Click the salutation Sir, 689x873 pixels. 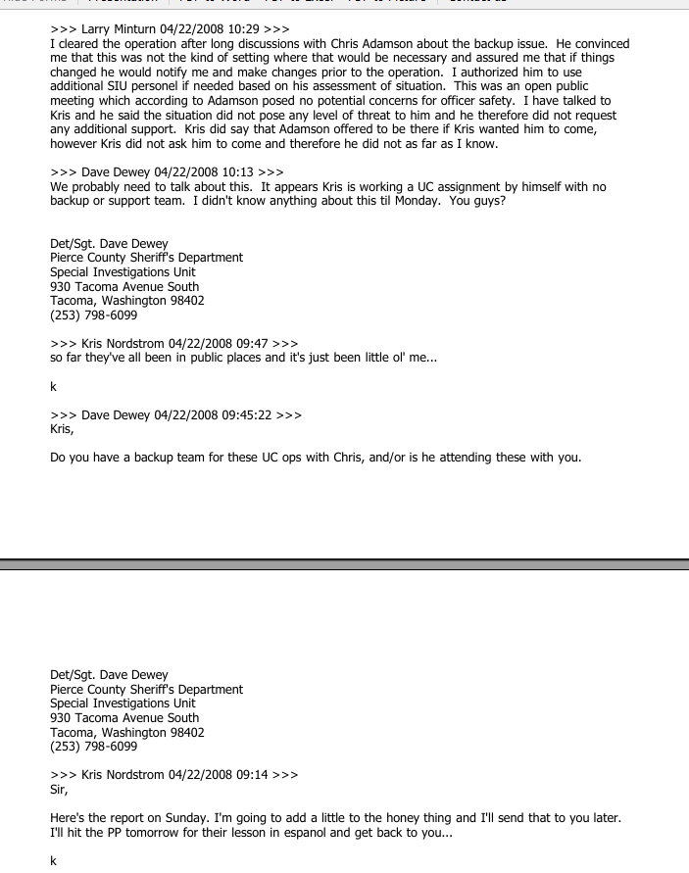[60, 789]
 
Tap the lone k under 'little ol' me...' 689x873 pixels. [53, 387]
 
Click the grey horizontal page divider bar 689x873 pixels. [344, 564]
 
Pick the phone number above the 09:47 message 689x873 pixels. [94, 315]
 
